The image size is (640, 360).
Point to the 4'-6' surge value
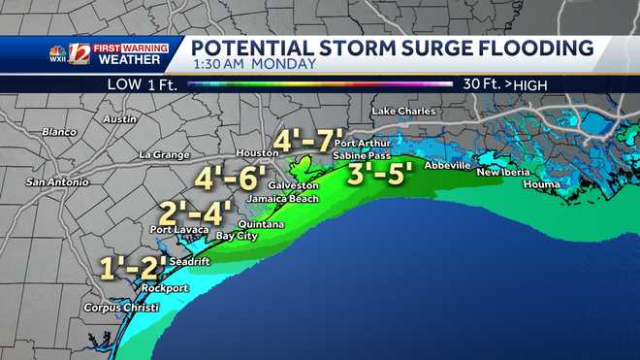[x=229, y=178]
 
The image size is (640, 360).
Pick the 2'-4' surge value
[x=195, y=212]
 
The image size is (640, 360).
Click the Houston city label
[x=257, y=154]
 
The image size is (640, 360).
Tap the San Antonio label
[x=56, y=181]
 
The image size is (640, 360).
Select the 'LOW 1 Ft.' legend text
[x=142, y=84]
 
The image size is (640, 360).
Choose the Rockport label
[x=164, y=288]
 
